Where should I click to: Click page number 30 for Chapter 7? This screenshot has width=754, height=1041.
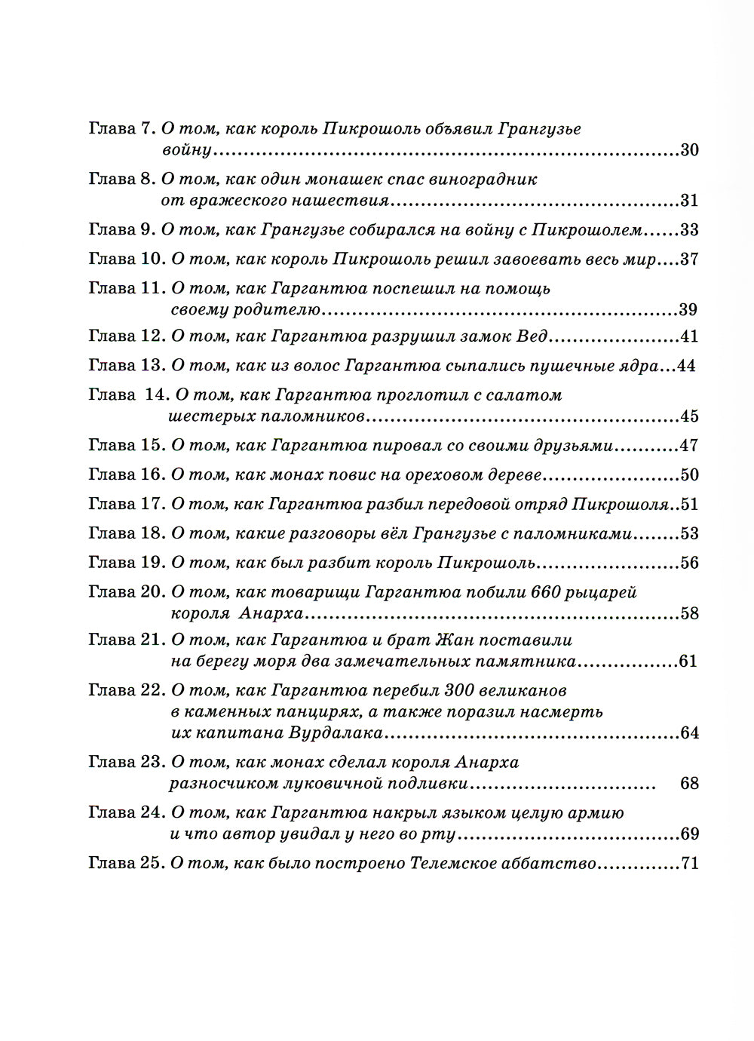(689, 149)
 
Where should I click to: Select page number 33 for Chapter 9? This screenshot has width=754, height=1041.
(689, 230)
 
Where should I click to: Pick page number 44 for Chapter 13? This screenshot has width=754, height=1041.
(685, 366)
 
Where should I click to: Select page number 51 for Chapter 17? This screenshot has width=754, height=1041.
(689, 504)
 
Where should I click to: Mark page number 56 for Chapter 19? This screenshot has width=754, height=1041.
(689, 563)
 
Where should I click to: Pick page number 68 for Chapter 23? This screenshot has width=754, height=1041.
(689, 783)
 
